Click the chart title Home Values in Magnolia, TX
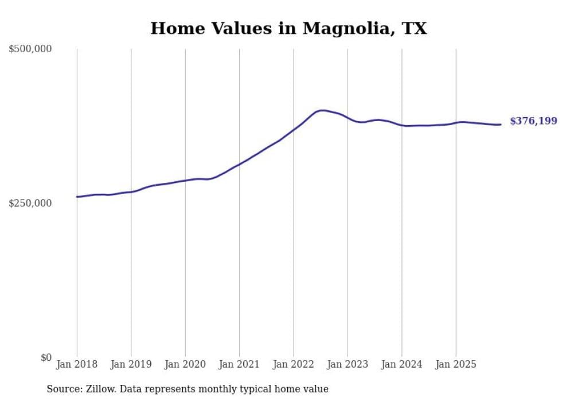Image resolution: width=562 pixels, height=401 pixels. click(x=288, y=28)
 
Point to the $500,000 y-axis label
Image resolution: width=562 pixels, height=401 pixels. click(x=30, y=49)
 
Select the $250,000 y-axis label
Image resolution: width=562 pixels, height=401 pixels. click(x=30, y=203)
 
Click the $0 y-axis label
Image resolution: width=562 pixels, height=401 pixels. click(x=46, y=357)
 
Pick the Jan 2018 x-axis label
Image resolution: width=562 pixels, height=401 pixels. click(x=77, y=364)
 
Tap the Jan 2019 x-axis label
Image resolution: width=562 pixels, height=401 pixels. click(x=131, y=364)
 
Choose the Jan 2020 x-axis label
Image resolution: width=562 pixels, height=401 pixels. click(x=185, y=364)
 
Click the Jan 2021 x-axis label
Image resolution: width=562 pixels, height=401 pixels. click(x=239, y=364)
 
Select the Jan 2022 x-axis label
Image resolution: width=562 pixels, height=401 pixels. click(x=294, y=364)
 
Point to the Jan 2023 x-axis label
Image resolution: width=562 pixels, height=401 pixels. click(x=348, y=364)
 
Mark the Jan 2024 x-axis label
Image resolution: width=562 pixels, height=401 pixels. click(x=401, y=364)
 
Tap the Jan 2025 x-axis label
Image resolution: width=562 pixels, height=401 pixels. click(x=456, y=364)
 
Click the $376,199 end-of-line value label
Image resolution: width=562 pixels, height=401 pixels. click(x=533, y=121)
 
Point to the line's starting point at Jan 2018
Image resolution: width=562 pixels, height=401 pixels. click(x=77, y=197)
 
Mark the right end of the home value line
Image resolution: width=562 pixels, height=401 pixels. click(x=501, y=124)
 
